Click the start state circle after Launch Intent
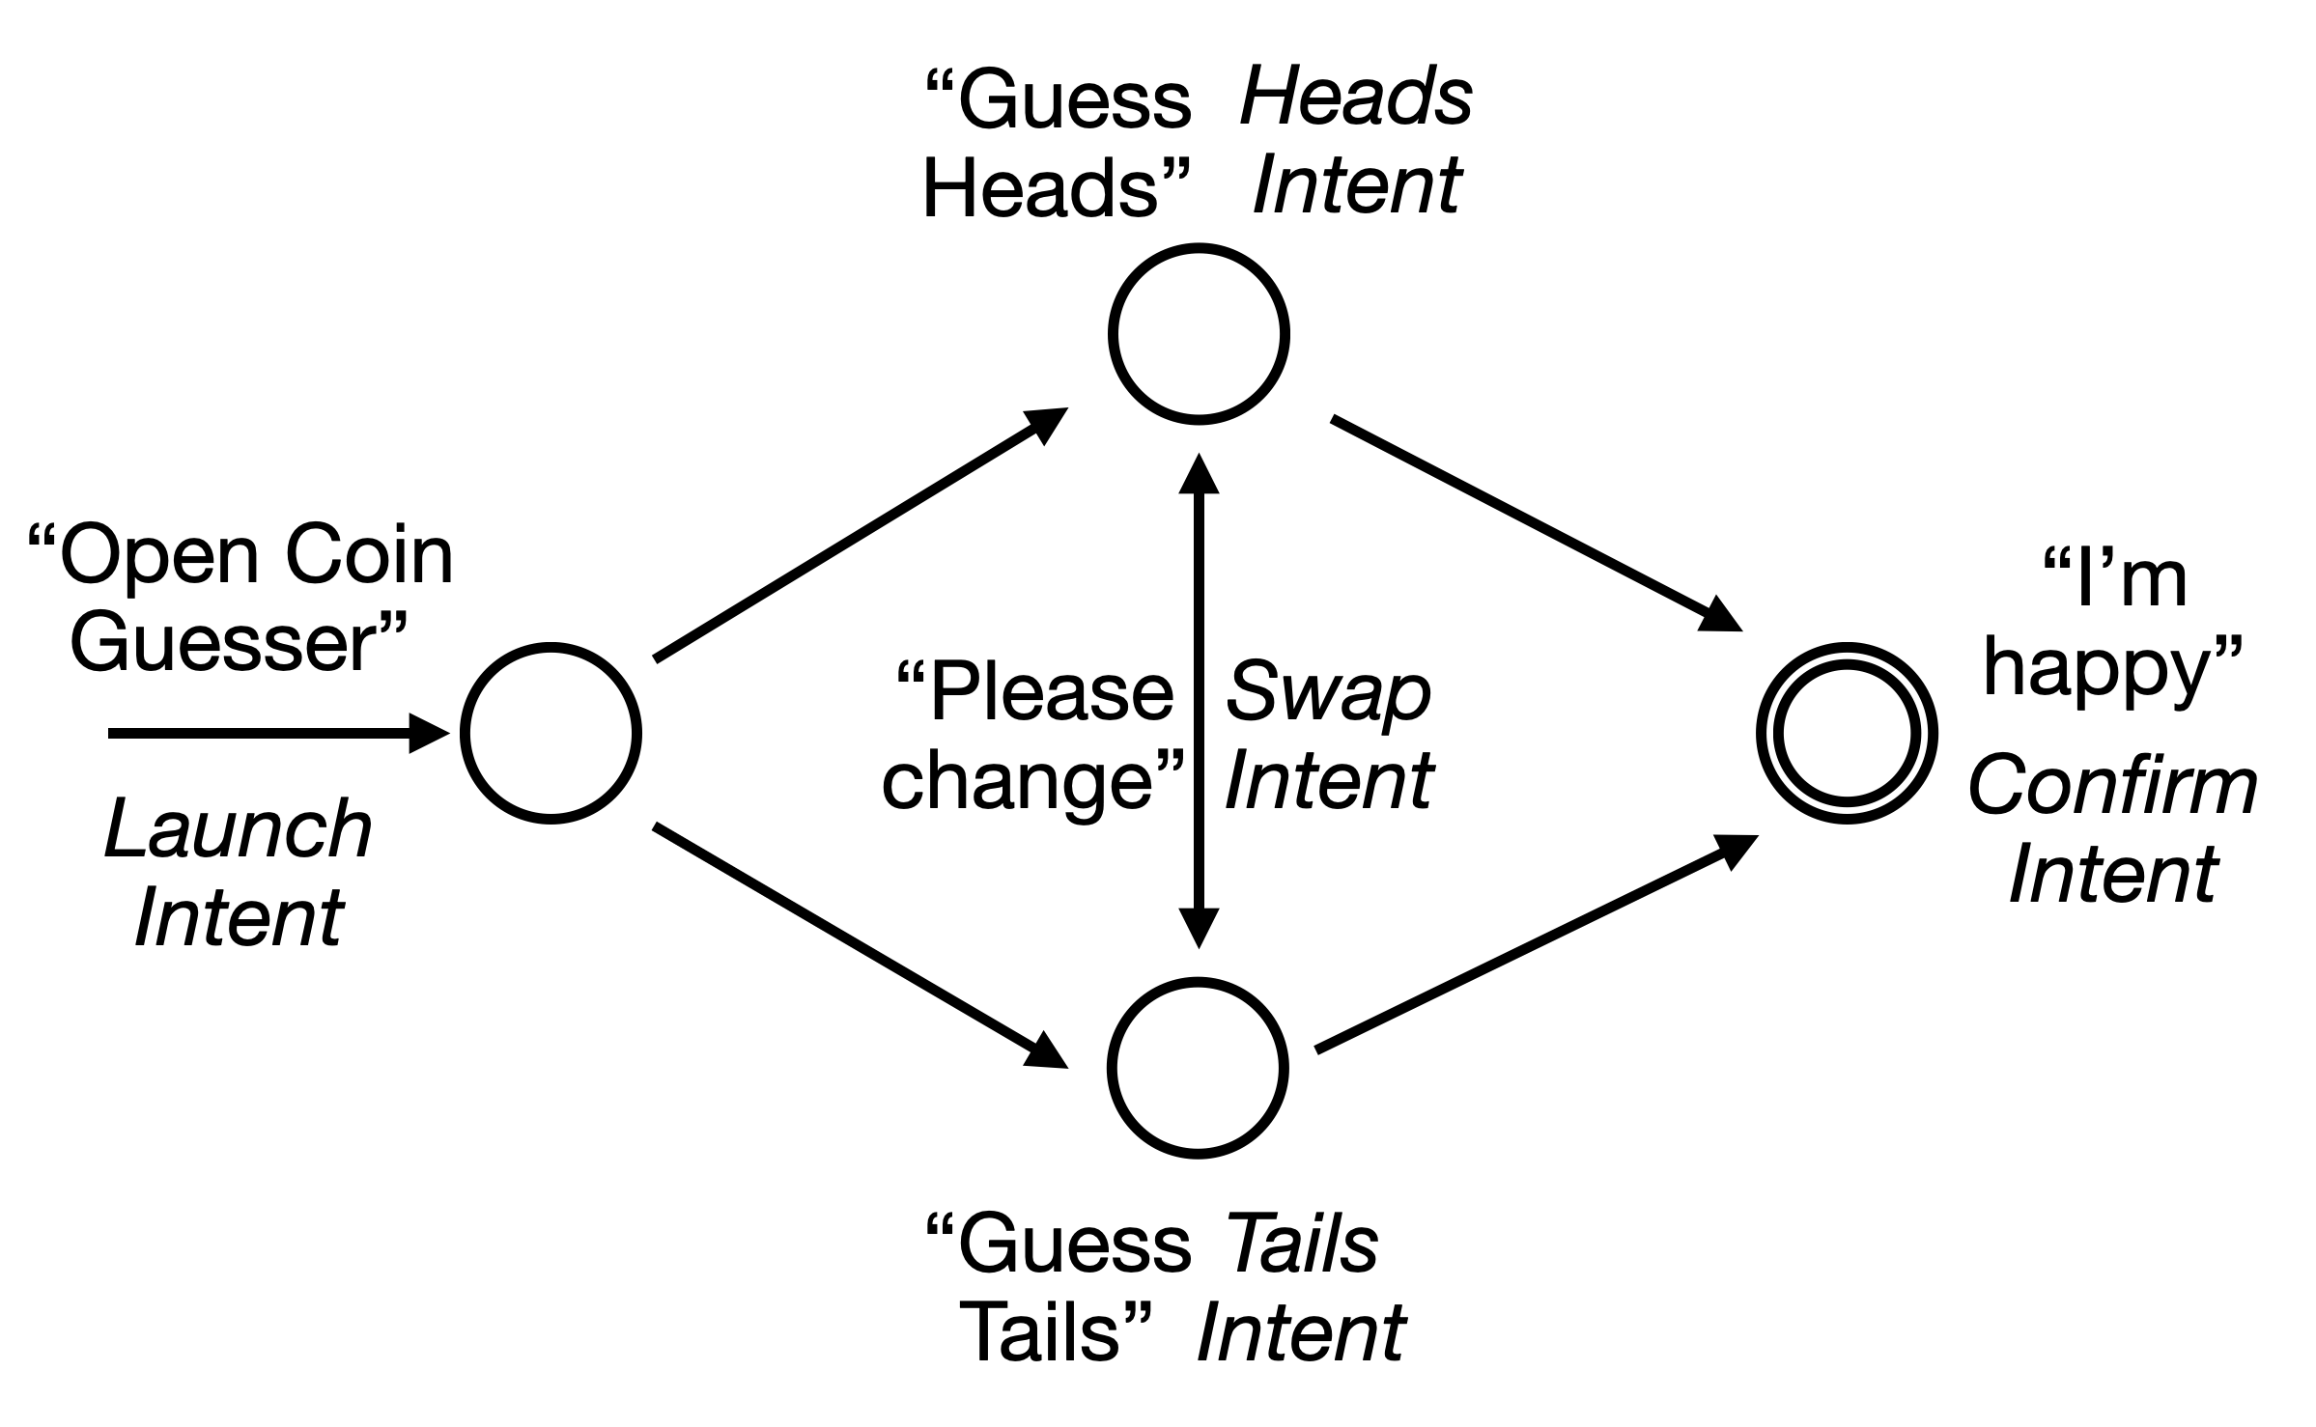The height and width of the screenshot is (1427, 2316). tap(551, 733)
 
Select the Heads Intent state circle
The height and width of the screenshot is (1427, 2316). tap(1198, 334)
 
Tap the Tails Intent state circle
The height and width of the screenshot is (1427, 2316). tap(1198, 1068)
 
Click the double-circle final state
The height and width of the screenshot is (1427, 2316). tap(1847, 733)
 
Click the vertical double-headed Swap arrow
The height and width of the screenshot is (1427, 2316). tap(1199, 700)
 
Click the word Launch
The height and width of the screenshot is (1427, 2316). tap(238, 831)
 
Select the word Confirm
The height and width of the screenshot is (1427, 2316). tap(2111, 786)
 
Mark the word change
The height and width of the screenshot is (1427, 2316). tap(1019, 780)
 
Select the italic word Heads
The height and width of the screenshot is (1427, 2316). tap(1356, 99)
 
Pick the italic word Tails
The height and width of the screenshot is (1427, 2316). tap(1302, 1245)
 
